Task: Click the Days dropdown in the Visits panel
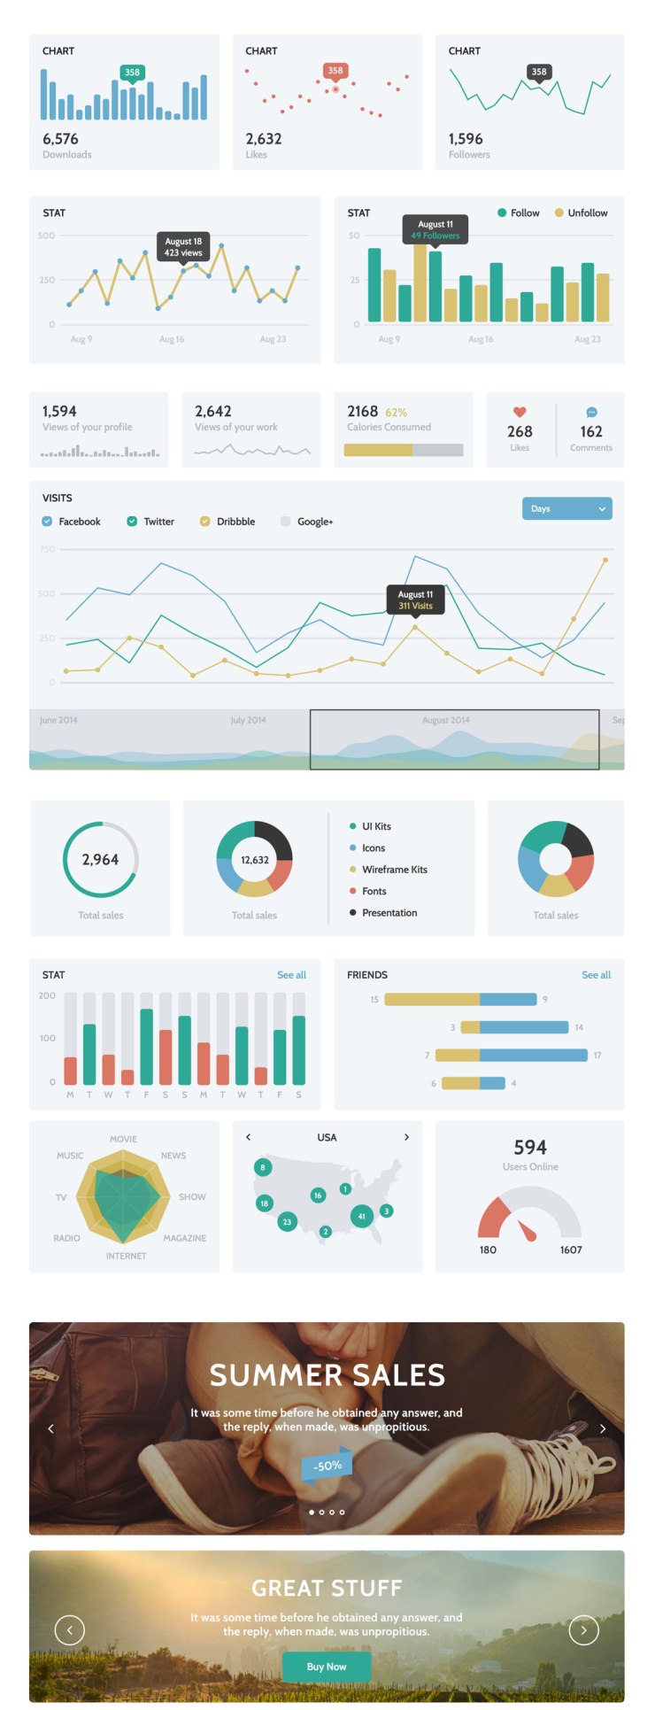566,509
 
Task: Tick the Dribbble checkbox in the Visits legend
205,522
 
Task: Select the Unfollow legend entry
582,213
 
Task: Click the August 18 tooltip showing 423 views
183,247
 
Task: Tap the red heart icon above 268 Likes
520,412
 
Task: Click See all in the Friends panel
596,975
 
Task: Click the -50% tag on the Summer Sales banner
327,1466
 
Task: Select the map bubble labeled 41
361,1216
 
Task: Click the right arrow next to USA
406,1137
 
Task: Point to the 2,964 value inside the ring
100,860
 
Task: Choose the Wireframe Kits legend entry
394,870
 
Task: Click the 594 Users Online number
530,1148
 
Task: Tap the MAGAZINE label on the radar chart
184,1238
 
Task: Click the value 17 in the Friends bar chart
597,1056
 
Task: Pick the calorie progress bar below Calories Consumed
404,450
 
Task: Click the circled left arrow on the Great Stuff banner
70,1629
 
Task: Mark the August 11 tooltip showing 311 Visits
415,600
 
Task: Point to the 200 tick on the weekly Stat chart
47,995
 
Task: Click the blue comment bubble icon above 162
591,412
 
